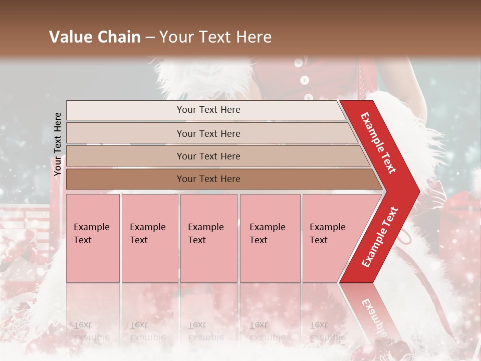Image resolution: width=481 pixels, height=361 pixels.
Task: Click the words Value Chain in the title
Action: (x=95, y=37)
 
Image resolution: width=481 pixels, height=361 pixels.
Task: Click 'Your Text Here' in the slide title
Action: (x=215, y=37)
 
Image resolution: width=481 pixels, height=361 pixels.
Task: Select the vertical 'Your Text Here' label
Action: (x=58, y=144)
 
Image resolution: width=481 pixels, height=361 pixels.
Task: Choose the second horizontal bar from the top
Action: (x=208, y=133)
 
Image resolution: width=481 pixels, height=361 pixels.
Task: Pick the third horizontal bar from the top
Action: (x=208, y=156)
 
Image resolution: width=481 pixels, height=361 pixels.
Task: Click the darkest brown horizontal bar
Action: (x=208, y=179)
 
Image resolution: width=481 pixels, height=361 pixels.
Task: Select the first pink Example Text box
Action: (x=93, y=238)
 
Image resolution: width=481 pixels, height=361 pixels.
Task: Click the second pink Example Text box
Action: (x=149, y=238)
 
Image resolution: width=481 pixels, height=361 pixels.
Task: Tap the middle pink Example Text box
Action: (x=208, y=238)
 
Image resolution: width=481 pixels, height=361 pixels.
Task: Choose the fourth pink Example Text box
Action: (x=270, y=238)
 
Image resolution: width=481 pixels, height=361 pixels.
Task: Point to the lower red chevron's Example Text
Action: (x=380, y=237)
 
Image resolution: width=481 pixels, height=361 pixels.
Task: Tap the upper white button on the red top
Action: (x=299, y=63)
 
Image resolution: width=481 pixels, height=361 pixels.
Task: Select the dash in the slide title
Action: (x=150, y=37)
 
